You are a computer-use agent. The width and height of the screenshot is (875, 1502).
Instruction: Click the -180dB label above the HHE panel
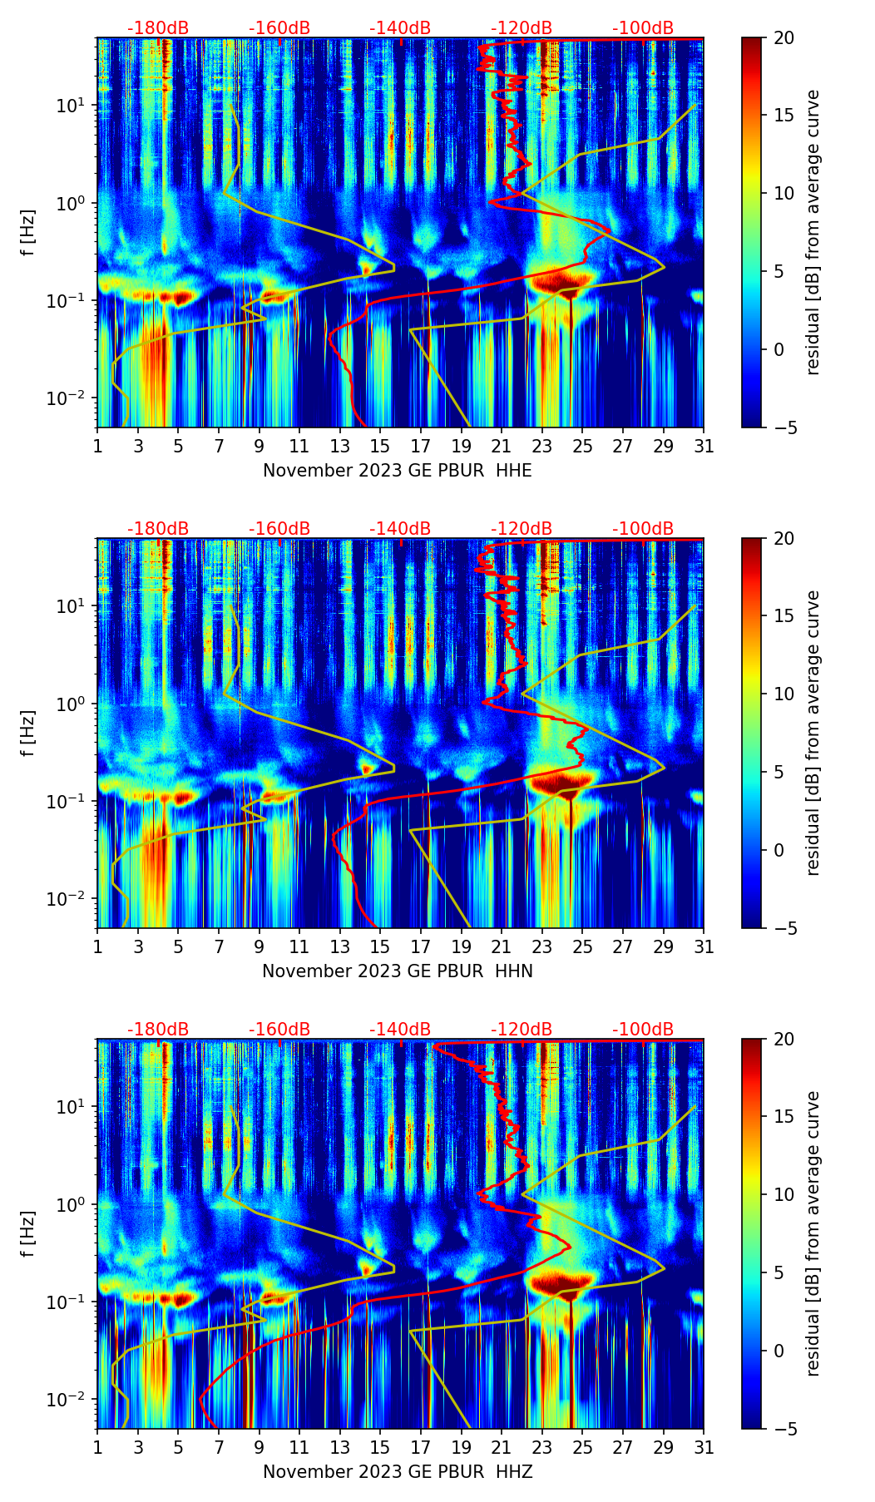pos(158,28)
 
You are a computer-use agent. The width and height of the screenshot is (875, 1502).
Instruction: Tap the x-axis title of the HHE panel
pos(398,471)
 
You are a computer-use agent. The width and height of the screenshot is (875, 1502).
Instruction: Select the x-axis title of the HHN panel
pos(398,971)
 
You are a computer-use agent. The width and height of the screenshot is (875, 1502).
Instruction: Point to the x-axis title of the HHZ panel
pos(398,1472)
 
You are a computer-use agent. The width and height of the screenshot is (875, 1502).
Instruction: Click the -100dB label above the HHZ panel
pos(643,1030)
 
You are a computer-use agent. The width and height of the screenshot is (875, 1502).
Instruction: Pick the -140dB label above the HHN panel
pos(400,529)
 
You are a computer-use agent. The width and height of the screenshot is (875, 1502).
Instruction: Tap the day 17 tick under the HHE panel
pos(421,446)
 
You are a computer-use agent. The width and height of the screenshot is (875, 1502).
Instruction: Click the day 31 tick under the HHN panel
pos(704,946)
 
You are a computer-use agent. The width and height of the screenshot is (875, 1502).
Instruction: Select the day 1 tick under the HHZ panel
pos(98,1447)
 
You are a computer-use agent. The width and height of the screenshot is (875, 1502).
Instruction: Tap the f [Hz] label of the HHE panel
pos(29,233)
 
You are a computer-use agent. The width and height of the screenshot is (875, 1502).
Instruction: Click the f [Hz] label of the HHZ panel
pos(29,1234)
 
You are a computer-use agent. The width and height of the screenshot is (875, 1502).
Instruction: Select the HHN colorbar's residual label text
pos(813,734)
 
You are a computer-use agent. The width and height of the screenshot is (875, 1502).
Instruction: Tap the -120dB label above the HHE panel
pos(522,28)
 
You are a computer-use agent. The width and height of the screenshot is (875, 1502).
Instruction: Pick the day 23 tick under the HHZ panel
pos(542,1447)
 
